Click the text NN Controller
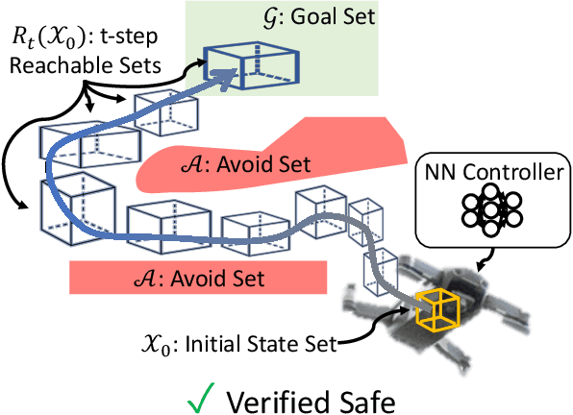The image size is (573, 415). [489, 175]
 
